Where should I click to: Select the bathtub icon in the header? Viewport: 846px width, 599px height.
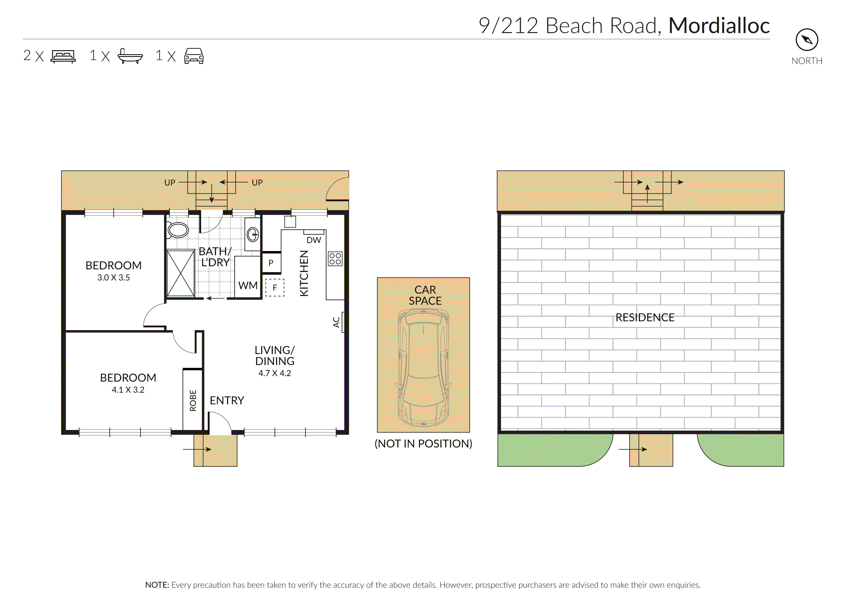tap(130, 56)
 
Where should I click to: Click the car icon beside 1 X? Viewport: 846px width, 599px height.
tap(194, 56)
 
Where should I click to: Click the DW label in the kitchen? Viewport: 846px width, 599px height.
tap(314, 240)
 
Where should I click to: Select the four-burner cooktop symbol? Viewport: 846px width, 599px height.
tap(335, 258)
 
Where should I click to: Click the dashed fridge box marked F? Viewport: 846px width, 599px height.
tap(275, 288)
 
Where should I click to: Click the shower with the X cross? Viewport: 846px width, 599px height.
tap(181, 273)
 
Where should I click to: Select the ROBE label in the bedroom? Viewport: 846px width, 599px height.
tap(193, 400)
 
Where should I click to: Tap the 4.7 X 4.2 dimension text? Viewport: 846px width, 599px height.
tap(275, 373)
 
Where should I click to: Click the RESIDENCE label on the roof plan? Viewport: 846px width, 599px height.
tap(645, 318)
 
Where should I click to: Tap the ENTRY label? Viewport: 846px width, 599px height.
tap(227, 401)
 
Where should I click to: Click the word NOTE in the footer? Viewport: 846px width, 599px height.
tap(157, 585)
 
